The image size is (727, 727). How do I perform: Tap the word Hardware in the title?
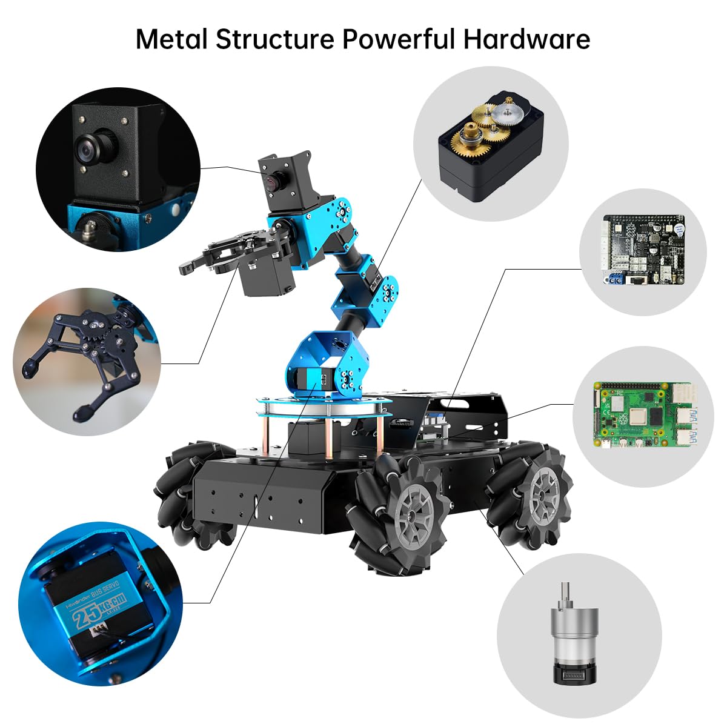pos(526,39)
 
